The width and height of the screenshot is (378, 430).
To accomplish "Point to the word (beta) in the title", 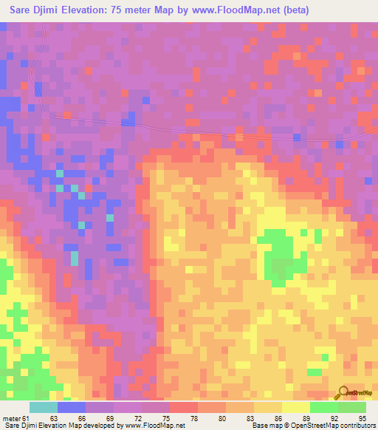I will click(294, 10).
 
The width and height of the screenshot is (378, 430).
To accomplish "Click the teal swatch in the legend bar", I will click(44, 407).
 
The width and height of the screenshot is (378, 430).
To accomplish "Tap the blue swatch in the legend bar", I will click(72, 407).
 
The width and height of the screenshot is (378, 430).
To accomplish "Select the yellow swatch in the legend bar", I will click(295, 407).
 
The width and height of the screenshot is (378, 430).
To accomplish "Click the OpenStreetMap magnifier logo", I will click(343, 393).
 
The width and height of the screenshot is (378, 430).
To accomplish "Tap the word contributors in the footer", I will click(357, 426).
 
